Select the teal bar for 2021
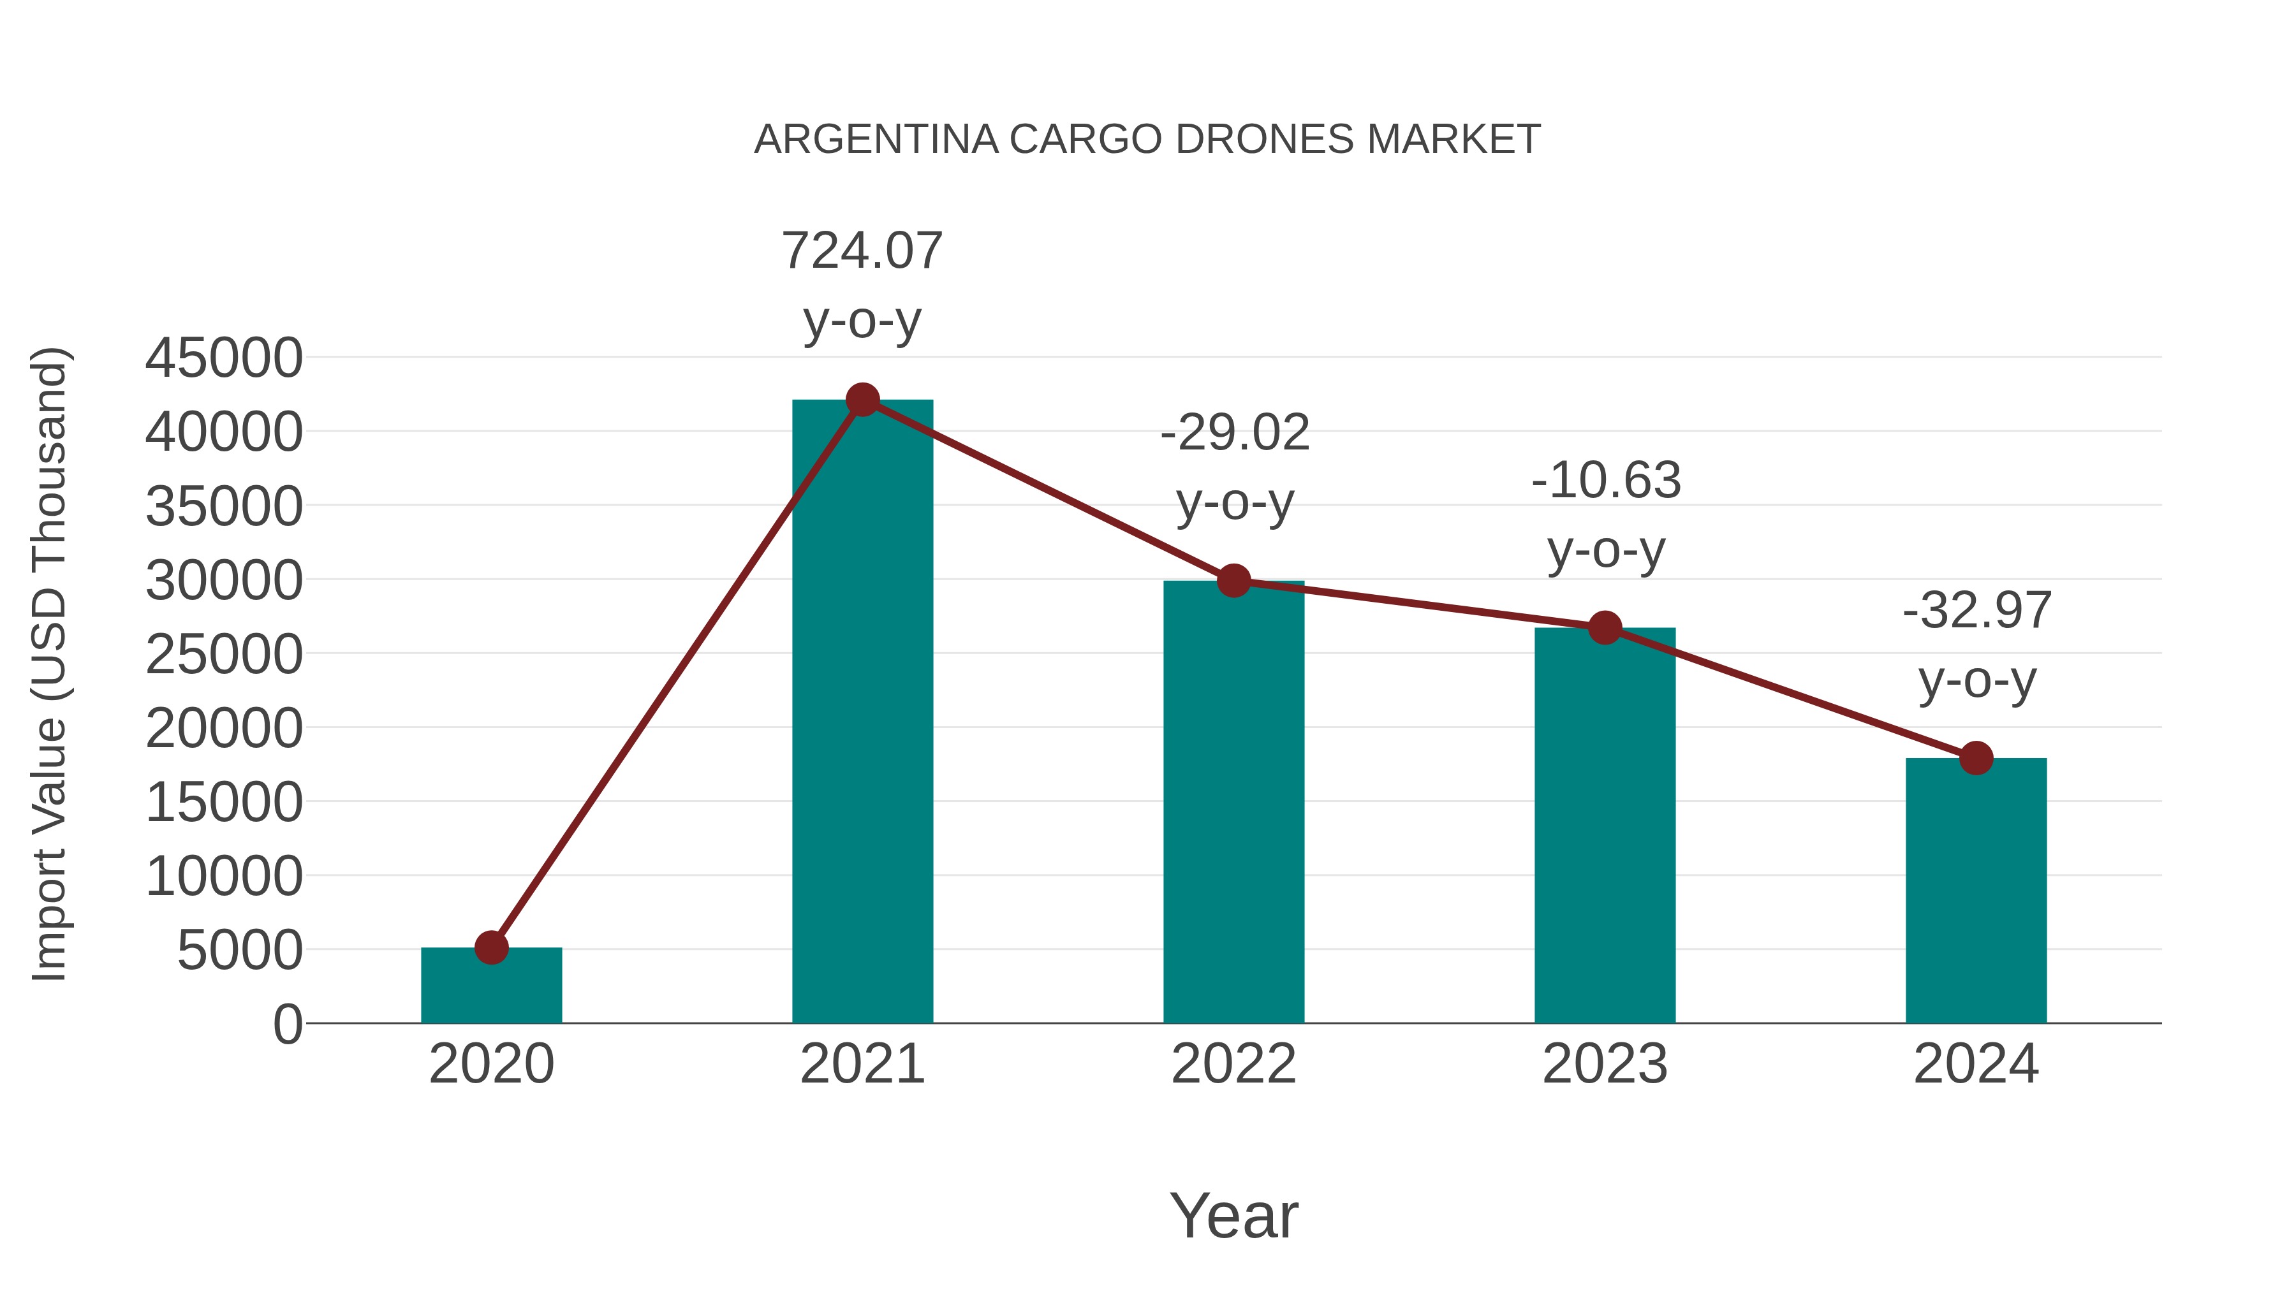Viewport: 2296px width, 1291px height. click(862, 713)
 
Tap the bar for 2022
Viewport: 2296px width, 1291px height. click(1233, 802)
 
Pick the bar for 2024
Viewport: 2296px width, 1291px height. click(1976, 891)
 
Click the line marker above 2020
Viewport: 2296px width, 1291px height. click(491, 947)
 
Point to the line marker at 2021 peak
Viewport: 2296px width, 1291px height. click(862, 400)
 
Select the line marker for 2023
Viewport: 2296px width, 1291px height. click(1605, 628)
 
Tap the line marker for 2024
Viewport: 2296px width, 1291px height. click(1976, 758)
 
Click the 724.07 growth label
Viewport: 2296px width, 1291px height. click(862, 251)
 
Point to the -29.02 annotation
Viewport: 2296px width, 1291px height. click(1235, 434)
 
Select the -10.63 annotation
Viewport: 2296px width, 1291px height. click(1606, 481)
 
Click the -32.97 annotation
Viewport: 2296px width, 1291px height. click(1977, 611)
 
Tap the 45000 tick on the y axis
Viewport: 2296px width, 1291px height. click(224, 358)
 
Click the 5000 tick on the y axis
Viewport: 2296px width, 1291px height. click(240, 950)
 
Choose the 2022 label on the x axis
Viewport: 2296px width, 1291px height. click(1233, 1064)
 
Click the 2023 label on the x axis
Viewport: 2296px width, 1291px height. click(1605, 1064)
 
